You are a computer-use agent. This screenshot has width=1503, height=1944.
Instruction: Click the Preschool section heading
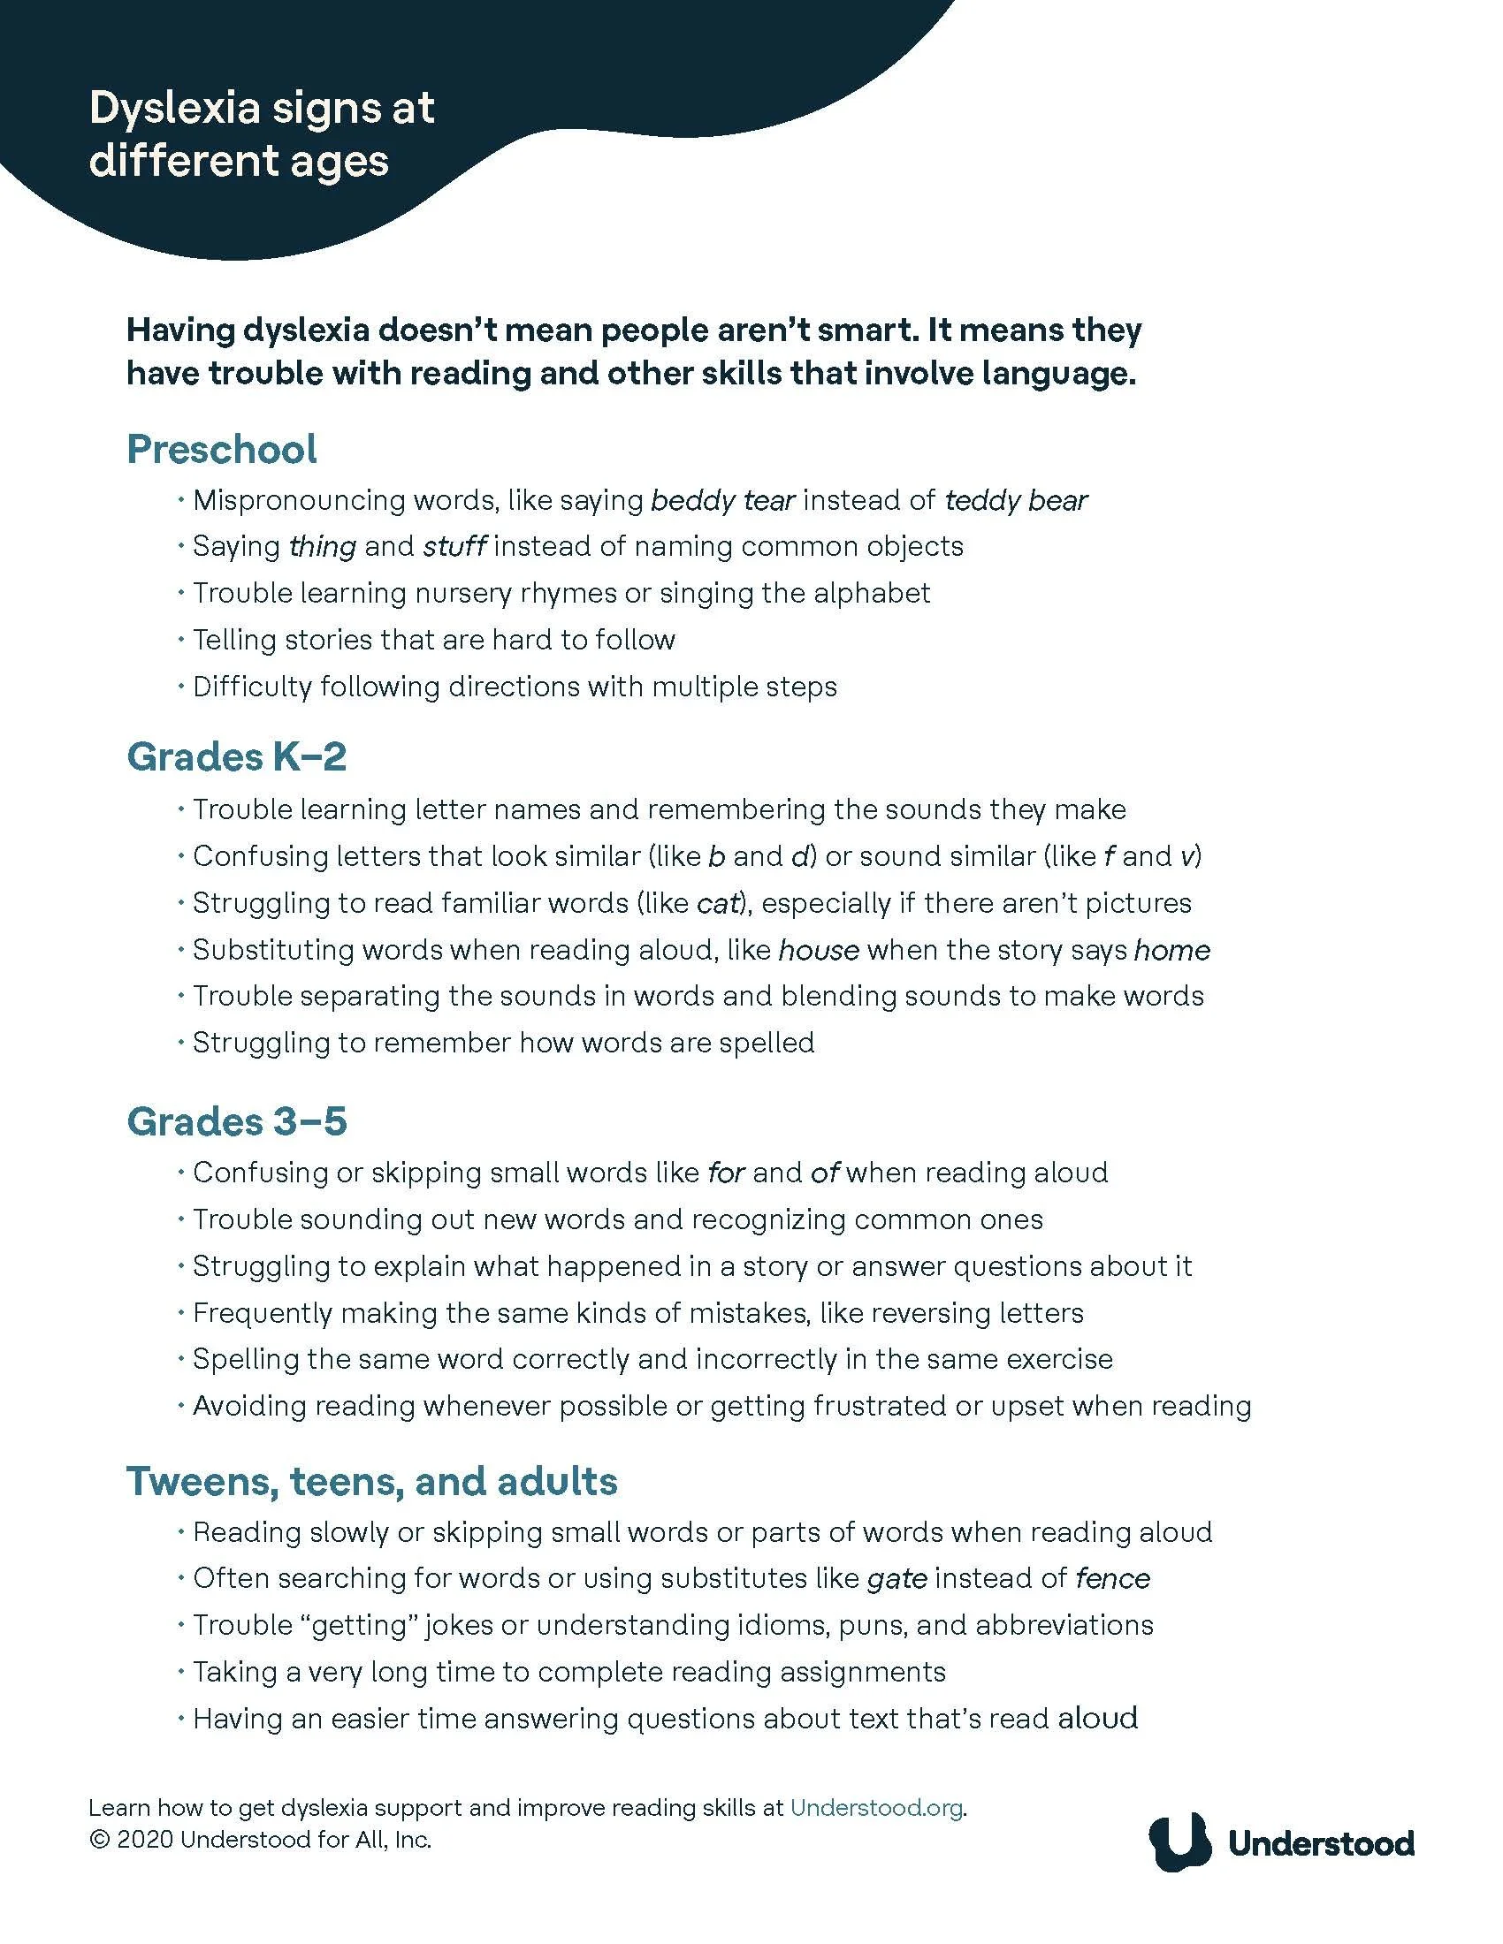pos(221,450)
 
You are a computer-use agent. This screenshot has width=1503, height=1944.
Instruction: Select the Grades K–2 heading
pos(236,757)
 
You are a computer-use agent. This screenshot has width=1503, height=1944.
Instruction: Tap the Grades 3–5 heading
pos(236,1121)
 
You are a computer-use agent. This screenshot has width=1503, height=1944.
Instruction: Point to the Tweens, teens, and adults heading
pos(371,1481)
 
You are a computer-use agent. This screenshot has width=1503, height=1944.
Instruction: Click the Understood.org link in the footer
pos(876,1808)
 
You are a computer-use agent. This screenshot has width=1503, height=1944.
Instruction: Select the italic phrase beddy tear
pos(722,501)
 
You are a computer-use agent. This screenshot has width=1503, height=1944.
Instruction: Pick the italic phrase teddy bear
pos(1015,501)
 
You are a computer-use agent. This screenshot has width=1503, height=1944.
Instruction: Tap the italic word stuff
pos(454,546)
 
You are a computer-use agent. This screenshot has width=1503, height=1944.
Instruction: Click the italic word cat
pos(719,903)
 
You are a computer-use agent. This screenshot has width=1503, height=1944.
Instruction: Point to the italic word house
pos(819,951)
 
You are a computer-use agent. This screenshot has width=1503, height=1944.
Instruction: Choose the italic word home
pos(1171,951)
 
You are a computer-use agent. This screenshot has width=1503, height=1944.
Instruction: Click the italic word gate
pos(896,1579)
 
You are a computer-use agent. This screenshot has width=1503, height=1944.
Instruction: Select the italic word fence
pos(1112,1579)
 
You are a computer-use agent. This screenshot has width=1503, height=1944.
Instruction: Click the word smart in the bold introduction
pos(860,330)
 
